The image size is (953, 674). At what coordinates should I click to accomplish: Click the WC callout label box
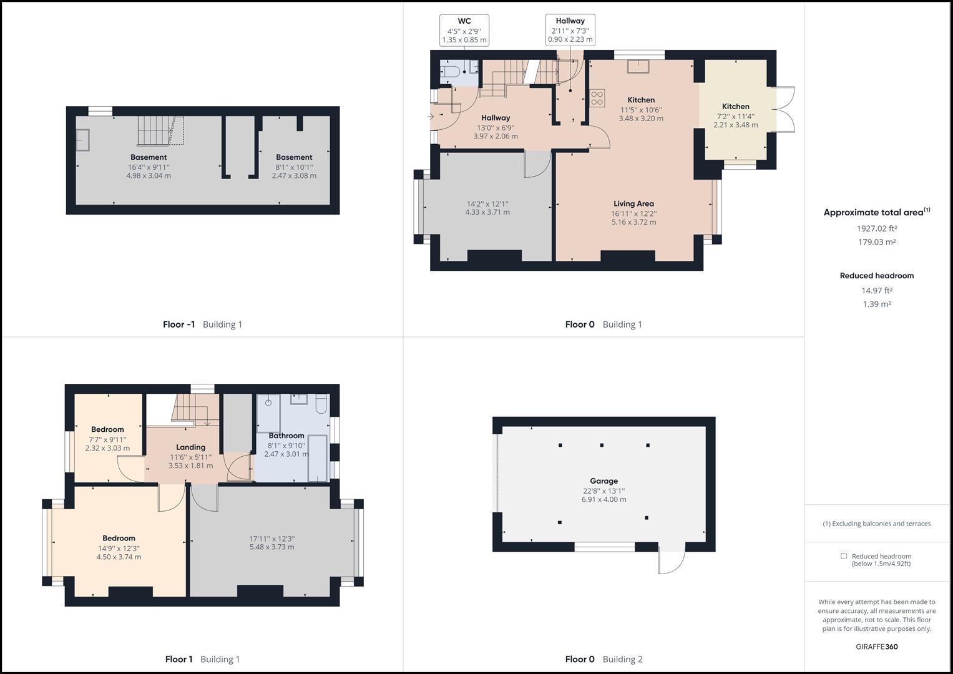(464, 31)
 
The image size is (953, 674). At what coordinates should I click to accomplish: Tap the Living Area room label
(633, 203)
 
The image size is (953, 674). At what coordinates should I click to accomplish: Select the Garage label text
(604, 481)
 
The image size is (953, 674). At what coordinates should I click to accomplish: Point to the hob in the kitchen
(597, 97)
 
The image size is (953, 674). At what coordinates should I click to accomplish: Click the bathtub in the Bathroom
(318, 459)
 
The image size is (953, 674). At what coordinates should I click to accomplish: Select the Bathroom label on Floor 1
(286, 436)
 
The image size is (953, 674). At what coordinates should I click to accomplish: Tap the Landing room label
(190, 447)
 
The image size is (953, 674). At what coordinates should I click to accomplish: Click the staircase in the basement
(153, 130)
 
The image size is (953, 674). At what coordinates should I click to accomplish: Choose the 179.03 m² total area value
(876, 242)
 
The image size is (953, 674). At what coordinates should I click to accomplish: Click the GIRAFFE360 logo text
(876, 647)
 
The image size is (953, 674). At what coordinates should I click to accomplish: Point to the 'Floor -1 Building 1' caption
(202, 325)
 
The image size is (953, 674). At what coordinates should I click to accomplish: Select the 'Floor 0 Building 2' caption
(603, 659)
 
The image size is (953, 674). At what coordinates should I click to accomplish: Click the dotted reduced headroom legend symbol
(844, 556)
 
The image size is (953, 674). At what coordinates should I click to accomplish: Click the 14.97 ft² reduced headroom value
(876, 290)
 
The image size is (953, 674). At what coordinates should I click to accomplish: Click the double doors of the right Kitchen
(785, 110)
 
